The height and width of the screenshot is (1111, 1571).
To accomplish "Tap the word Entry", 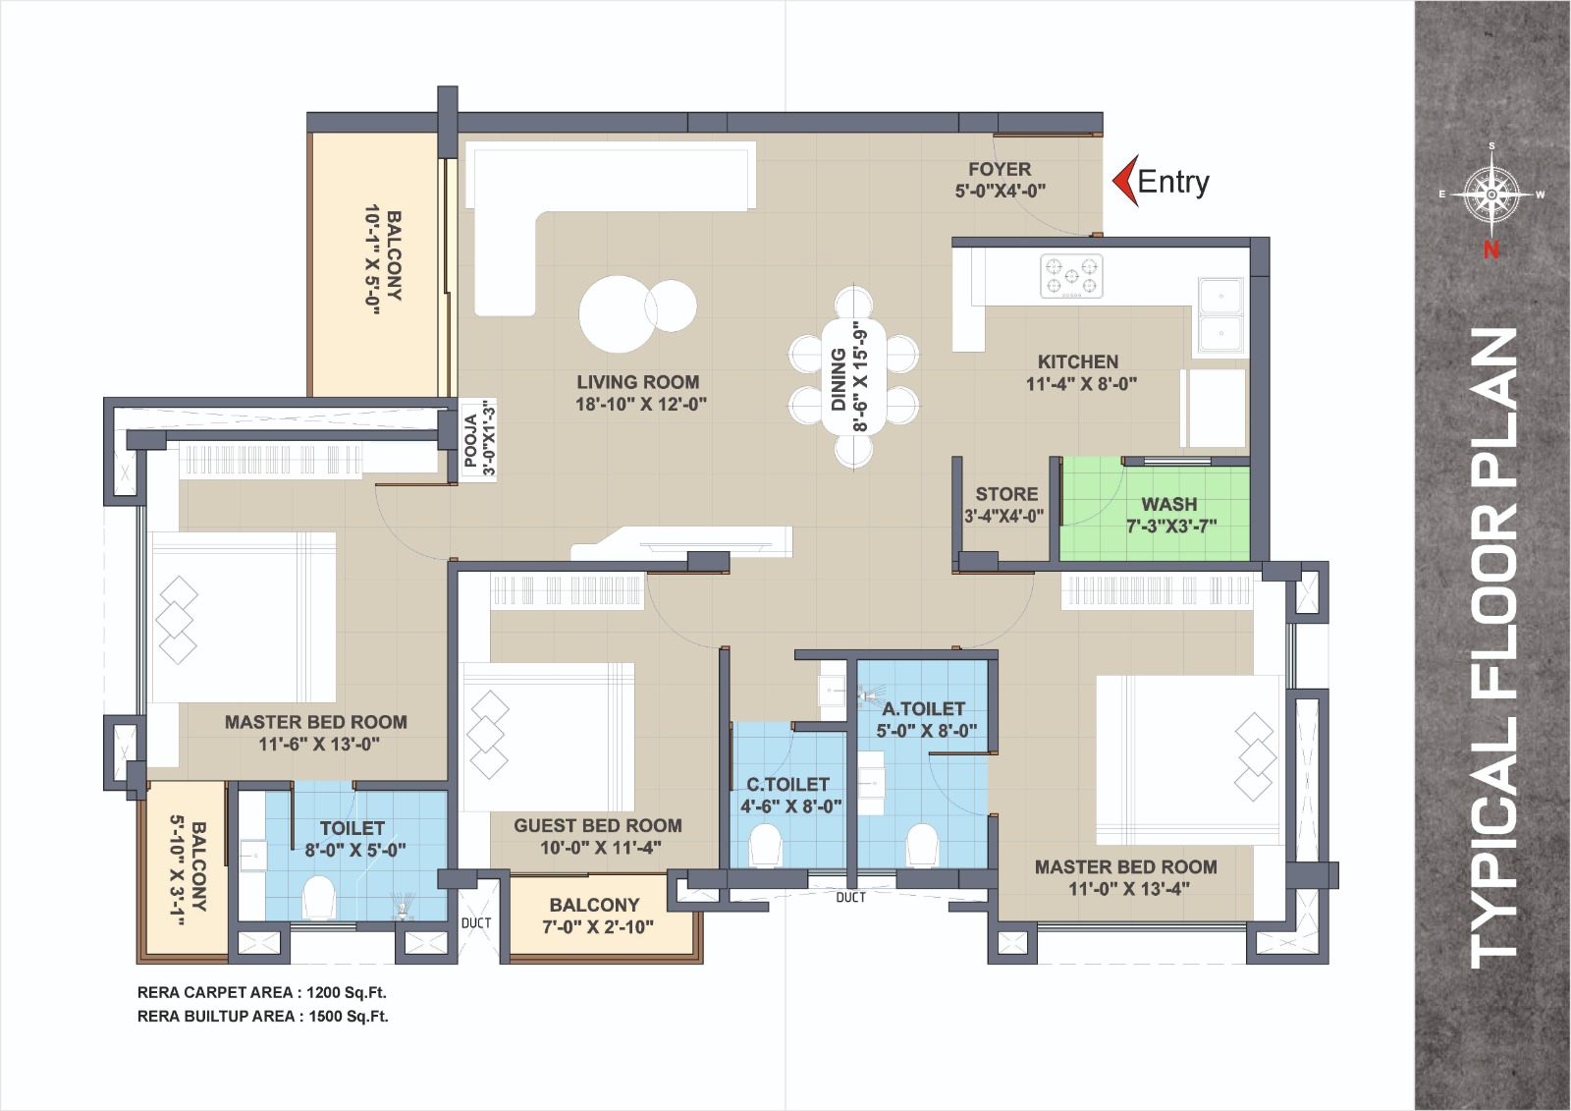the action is pos(1173,182).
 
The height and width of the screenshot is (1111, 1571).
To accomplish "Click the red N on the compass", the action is pos(1491,250).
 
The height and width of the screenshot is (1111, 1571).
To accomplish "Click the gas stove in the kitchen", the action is pos(1071,276).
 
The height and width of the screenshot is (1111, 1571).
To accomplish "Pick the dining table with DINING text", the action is pos(853,375).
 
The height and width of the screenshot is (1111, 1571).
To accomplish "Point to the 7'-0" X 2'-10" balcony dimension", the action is pos(598,927).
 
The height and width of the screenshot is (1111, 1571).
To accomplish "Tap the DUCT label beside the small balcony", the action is pos(476,923).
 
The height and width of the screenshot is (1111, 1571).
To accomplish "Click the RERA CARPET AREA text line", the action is pos(261,992).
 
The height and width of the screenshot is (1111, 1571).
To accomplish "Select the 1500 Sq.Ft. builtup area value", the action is pos(349,1017).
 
